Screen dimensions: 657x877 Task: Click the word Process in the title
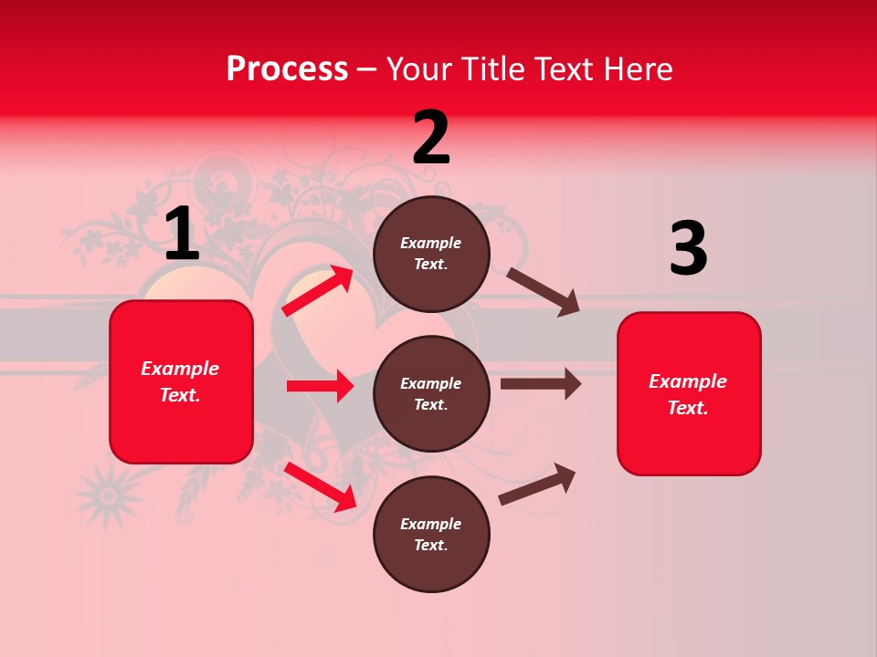pos(287,68)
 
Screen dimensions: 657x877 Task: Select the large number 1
pos(182,235)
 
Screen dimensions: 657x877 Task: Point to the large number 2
pos(431,138)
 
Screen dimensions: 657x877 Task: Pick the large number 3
pos(688,249)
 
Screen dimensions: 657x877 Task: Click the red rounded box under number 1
pos(181,381)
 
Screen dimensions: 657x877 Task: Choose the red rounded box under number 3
pos(689,394)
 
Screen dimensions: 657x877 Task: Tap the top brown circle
pos(431,254)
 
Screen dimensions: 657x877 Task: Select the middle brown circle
pos(431,394)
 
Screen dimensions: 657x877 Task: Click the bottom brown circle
pos(431,535)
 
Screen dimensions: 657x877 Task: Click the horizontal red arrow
pos(320,386)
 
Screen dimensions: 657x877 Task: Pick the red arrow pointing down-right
pos(321,486)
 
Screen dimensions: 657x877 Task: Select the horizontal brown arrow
pos(540,383)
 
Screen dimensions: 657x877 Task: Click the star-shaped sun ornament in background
pos(108,495)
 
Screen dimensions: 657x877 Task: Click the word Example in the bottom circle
pos(431,524)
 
